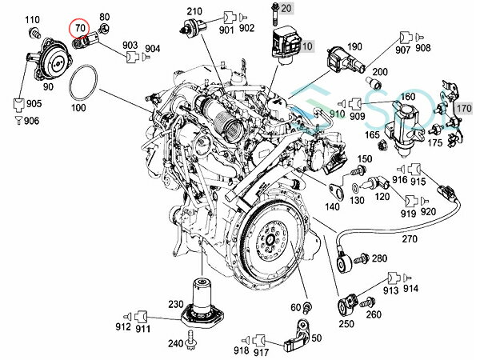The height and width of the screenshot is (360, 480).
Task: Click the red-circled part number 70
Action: [x=80, y=29]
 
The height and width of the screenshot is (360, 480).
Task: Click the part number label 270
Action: [x=409, y=238]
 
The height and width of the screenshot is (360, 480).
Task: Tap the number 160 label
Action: [x=407, y=97]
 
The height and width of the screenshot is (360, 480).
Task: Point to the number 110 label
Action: [x=32, y=18]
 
